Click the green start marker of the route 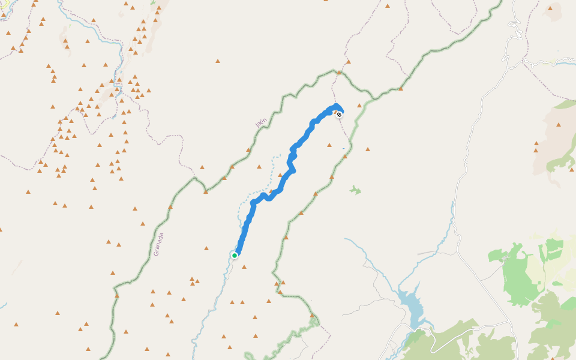click(x=235, y=256)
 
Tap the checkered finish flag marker click(x=339, y=114)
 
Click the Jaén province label click(x=260, y=122)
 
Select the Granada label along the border click(x=158, y=244)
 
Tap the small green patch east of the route click(x=355, y=190)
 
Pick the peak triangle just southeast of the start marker click(x=244, y=267)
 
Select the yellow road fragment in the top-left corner click(x=3, y=3)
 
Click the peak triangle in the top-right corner click(x=550, y=8)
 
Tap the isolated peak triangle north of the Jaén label click(x=217, y=61)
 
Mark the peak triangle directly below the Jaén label click(x=247, y=150)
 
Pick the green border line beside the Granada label click(x=146, y=246)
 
